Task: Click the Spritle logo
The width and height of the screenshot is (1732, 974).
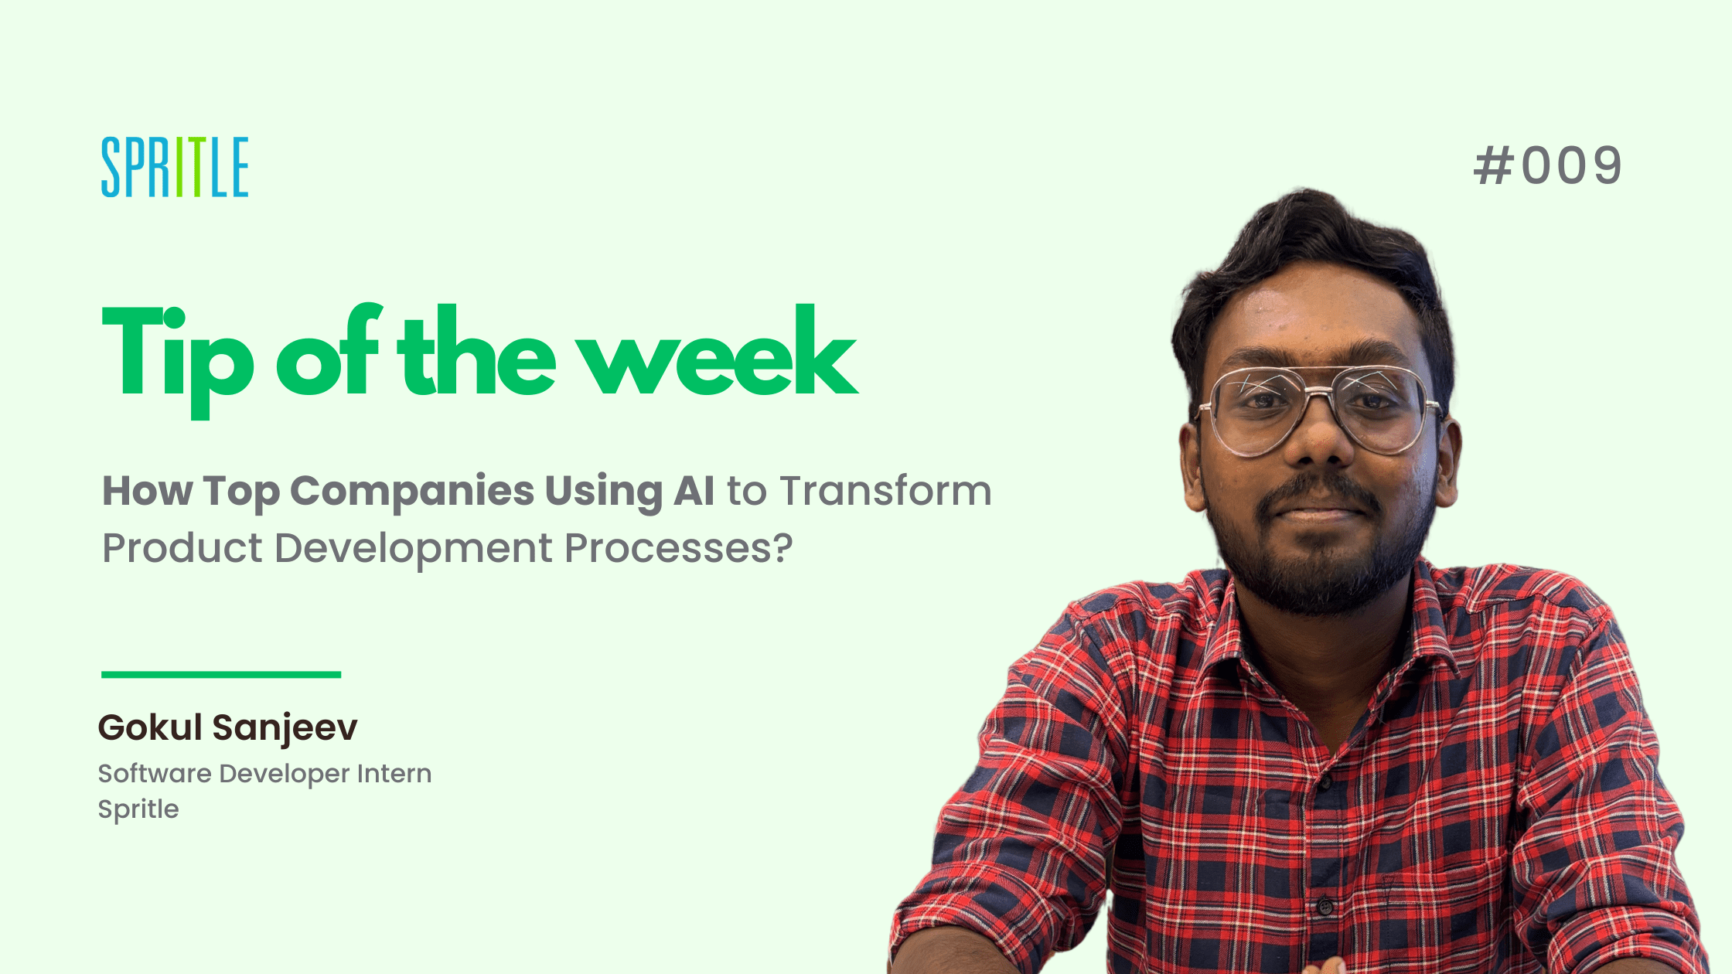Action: pyautogui.click(x=175, y=167)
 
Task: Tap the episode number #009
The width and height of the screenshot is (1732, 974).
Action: pyautogui.click(x=1547, y=165)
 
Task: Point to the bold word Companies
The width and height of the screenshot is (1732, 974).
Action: pyautogui.click(x=412, y=492)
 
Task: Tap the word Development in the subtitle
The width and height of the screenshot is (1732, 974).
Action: pyautogui.click(x=414, y=550)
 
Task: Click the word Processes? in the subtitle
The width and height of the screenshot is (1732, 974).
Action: pyautogui.click(x=679, y=548)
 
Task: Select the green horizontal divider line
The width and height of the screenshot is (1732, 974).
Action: pyautogui.click(x=221, y=675)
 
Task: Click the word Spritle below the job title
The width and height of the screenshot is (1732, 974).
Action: pyautogui.click(x=138, y=810)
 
